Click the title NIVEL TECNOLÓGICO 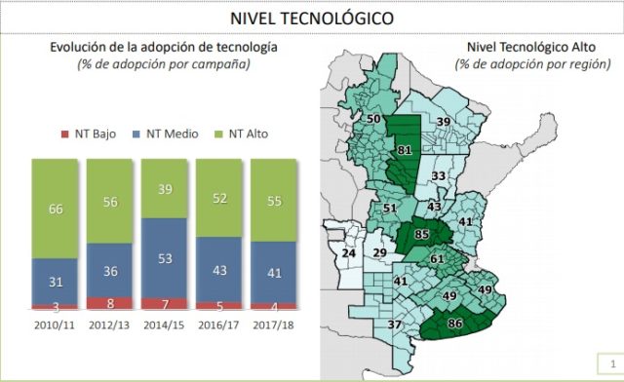click(x=312, y=19)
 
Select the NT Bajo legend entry click(x=89, y=134)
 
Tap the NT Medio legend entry click(x=165, y=134)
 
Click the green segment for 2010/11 click(x=55, y=209)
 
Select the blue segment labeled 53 click(x=164, y=258)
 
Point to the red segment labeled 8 click(x=109, y=303)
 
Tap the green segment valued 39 click(x=164, y=189)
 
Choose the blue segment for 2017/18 click(x=273, y=273)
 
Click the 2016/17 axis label click(x=218, y=325)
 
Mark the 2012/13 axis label click(x=109, y=325)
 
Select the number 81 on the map click(x=405, y=150)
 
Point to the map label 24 click(x=349, y=253)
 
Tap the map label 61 click(x=437, y=259)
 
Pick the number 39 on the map click(x=444, y=122)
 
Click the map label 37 click(x=394, y=325)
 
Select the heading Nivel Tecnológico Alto click(x=531, y=48)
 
